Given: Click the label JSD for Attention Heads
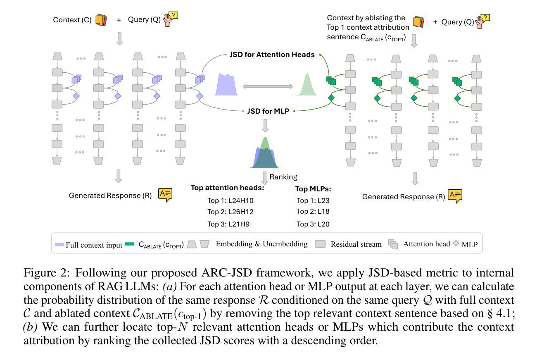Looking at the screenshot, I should (272, 55).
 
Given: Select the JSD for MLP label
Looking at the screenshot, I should (268, 111).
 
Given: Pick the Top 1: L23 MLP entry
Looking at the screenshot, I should (313, 201).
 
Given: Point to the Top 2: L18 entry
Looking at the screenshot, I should (313, 212).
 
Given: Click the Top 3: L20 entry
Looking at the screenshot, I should (313, 224).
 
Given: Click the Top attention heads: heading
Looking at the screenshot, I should (227, 188).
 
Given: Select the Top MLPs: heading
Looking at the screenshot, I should (313, 189).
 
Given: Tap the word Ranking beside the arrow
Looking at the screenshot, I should (283, 177).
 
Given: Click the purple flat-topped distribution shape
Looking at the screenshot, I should (226, 85).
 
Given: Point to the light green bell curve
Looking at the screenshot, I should (307, 86).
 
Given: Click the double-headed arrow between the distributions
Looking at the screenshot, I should (268, 87).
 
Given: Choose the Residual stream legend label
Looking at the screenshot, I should (356, 244).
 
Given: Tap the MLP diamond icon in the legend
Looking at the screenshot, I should (456, 243).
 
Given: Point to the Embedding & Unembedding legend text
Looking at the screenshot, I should (261, 244).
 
